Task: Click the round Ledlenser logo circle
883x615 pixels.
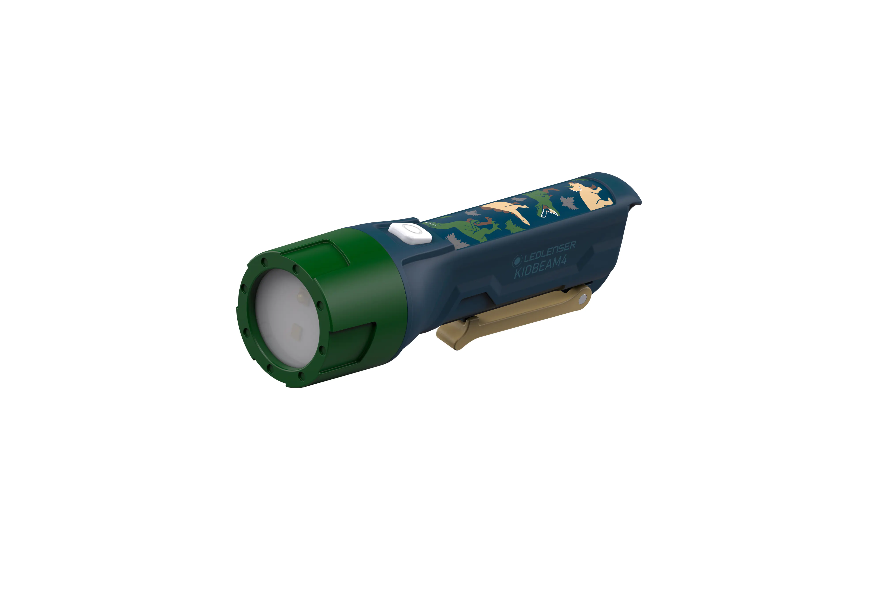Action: [517, 261]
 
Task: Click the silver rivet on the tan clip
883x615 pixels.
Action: [584, 297]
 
